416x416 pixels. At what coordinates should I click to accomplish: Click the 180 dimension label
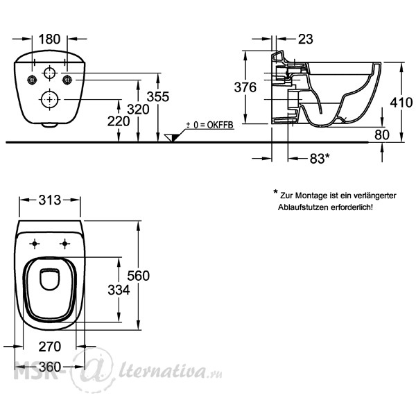50,40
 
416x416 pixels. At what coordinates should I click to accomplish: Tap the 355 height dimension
158,97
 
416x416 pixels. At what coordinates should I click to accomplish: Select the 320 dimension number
138,110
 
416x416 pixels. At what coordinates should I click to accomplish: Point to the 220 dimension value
119,121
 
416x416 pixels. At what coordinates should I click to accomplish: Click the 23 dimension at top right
306,40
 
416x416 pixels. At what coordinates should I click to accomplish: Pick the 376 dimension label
245,87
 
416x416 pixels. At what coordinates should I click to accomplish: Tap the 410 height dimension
401,103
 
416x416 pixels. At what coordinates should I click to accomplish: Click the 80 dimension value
382,135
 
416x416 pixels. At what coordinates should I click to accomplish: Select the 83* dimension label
320,158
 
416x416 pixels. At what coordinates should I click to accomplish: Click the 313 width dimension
50,200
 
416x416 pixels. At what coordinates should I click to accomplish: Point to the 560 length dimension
138,276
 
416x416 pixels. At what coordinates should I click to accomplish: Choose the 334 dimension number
119,290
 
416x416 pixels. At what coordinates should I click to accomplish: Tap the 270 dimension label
50,347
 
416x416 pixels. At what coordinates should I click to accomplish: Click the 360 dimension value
50,367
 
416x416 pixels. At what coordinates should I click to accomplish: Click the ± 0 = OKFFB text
209,125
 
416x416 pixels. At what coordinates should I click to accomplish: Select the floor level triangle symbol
172,138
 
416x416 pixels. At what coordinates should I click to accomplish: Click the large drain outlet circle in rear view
50,99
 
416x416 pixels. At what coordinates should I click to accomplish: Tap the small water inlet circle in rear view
50,73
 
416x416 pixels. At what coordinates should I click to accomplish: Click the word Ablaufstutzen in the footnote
303,207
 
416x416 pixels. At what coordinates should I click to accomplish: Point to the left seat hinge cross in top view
35,243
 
